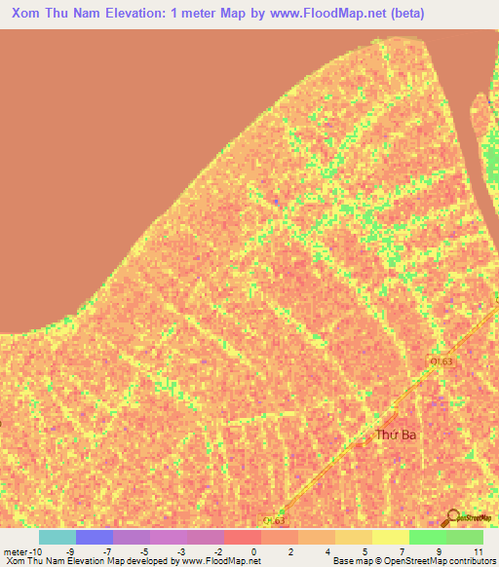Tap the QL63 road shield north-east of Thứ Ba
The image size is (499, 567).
click(x=441, y=361)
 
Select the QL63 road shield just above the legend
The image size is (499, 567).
click(x=274, y=521)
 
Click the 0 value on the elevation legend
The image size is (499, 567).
click(x=254, y=550)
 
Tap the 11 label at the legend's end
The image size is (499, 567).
click(x=477, y=550)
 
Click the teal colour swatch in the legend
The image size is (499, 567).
click(x=58, y=537)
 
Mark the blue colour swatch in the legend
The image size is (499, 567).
click(x=95, y=537)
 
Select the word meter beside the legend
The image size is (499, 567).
click(x=14, y=550)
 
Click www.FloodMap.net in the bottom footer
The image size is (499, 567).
click(x=216, y=561)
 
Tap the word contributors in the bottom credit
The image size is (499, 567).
click(x=470, y=561)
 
